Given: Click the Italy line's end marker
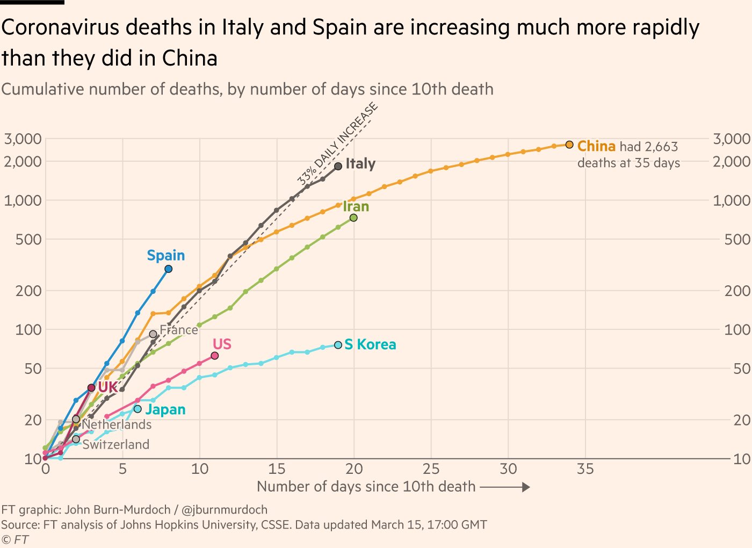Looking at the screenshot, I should point(338,167).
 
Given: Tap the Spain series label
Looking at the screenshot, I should point(166,256).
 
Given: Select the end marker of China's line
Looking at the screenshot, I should point(569,145).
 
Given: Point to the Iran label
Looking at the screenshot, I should point(356,207).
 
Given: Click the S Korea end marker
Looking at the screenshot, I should point(338,345).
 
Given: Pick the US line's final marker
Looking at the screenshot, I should point(215,356).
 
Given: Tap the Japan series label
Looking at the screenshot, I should point(165,410).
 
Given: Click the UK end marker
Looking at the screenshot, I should point(91,388).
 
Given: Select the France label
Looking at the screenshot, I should point(179,330).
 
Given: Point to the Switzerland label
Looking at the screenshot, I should point(116,444).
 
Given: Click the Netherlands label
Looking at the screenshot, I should point(117,424).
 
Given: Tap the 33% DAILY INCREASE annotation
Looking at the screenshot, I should point(338,144).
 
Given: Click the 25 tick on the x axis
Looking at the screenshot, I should point(431,469).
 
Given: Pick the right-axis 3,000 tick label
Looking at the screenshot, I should point(732,139).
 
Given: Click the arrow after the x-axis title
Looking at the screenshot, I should point(505,487).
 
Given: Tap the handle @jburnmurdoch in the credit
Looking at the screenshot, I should point(225,509).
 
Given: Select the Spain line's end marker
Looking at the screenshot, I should point(169,269).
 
